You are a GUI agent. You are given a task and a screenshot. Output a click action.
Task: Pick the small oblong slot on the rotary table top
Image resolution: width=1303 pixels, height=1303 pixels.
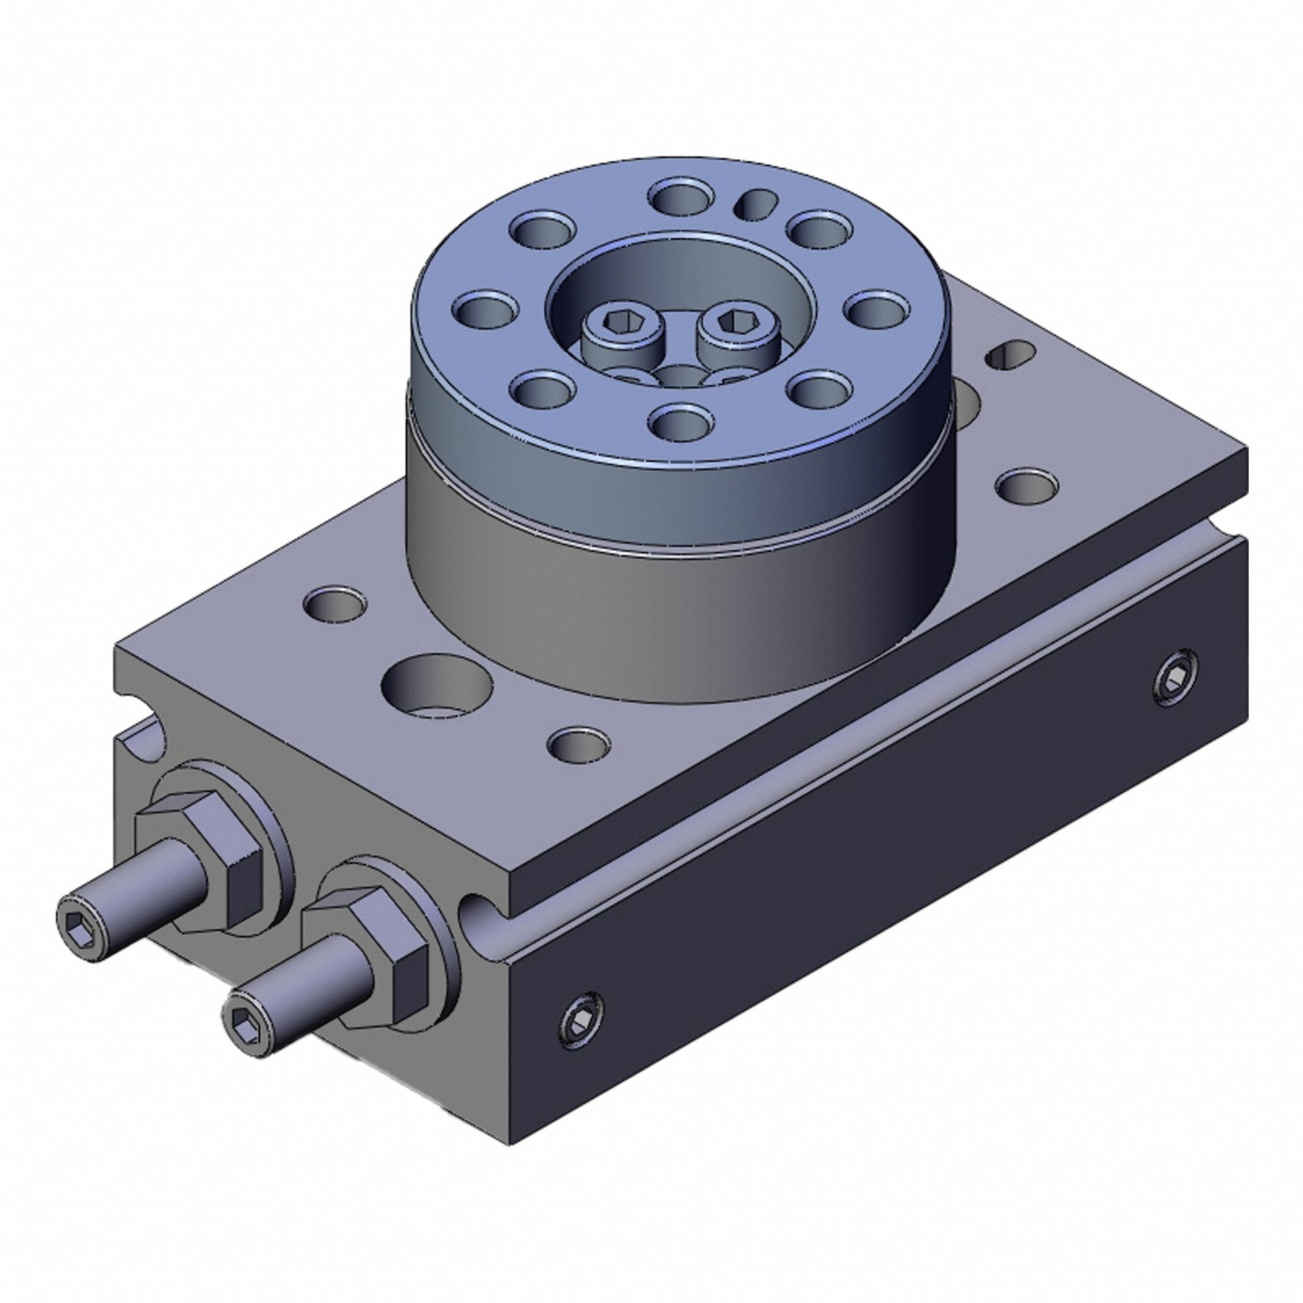[x=754, y=203]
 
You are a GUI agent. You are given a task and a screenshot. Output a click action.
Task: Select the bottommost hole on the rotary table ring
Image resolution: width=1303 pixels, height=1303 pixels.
[x=683, y=423]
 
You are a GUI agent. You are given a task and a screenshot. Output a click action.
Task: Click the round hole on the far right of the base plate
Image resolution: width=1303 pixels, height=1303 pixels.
[x=1027, y=485]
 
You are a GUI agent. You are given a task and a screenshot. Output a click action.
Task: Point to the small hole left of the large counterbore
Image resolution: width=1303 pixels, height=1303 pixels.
[x=335, y=603]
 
